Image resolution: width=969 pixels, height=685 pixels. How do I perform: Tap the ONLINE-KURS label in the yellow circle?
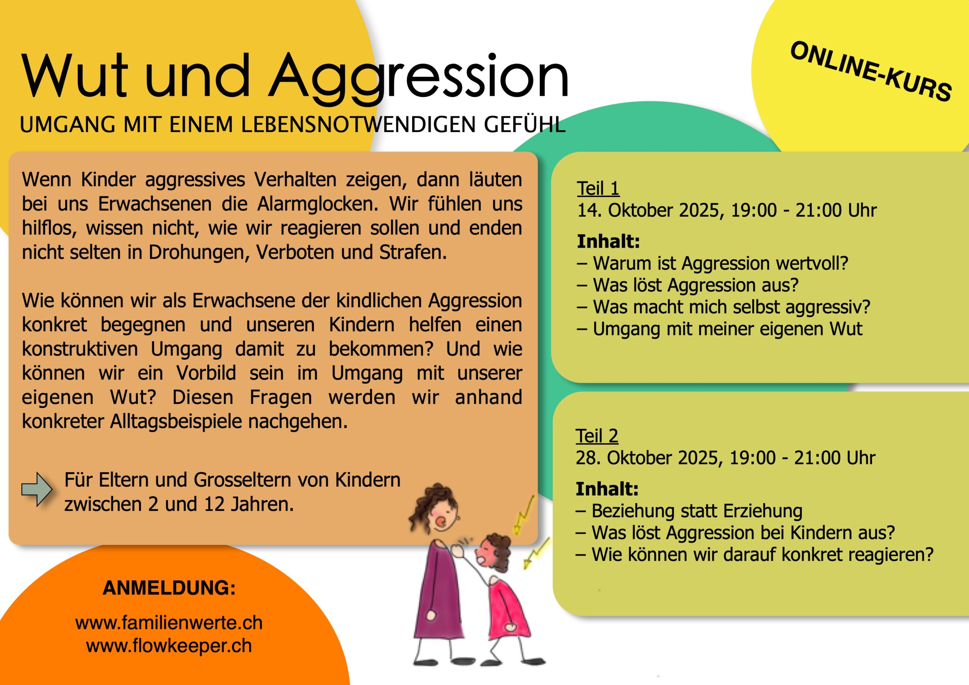click(x=871, y=71)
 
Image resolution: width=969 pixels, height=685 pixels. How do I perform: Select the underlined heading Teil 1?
click(x=598, y=188)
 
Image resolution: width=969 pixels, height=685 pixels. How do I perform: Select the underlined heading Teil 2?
click(x=597, y=436)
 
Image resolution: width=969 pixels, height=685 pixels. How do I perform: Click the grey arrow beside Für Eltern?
click(x=37, y=489)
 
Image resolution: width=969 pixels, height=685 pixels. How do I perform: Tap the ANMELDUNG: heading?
click(x=169, y=588)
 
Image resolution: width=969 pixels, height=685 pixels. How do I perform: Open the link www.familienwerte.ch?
click(x=169, y=623)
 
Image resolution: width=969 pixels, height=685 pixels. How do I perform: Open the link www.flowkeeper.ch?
click(x=169, y=646)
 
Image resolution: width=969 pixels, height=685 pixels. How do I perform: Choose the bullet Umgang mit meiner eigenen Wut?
click(x=720, y=329)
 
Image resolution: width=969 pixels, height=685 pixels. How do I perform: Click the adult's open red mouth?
click(x=441, y=521)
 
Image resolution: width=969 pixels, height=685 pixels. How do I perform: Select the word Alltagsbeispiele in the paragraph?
click(x=176, y=421)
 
